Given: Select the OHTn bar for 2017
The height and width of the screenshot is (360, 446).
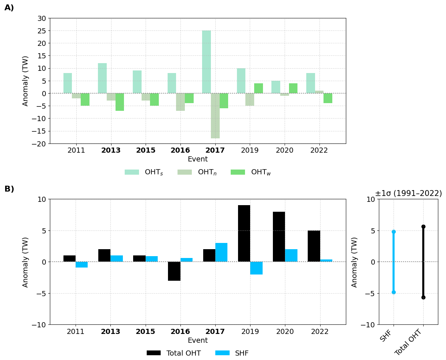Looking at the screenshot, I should point(215,116).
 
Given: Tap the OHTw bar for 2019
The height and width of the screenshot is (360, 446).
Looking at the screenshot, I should point(259,88).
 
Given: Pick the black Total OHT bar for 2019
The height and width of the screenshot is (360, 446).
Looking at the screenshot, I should point(244,233).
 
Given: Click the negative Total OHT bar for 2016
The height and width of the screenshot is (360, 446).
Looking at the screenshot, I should point(174,271).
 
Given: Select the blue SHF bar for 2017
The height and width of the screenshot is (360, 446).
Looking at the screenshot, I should point(221,252).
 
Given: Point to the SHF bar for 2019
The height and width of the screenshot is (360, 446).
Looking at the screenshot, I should point(256,268).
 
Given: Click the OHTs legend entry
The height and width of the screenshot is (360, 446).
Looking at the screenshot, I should point(144,172).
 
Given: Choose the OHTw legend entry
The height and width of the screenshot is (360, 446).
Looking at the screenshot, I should point(251,172).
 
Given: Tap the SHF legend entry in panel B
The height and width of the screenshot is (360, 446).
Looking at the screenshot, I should point(234,353).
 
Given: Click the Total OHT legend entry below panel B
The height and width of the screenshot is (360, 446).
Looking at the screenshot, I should point(174,353).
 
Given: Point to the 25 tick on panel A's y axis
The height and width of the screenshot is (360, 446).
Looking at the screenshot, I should point(41,31).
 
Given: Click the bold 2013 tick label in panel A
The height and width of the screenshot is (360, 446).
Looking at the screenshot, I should point(111,150).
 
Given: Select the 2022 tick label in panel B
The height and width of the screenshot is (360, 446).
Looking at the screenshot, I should point(320,332).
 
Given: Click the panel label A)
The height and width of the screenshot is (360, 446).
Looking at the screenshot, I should point(9,8).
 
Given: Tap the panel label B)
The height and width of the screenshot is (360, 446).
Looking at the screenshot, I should point(9,189).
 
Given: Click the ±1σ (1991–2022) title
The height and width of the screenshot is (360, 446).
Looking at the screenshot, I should point(408,193).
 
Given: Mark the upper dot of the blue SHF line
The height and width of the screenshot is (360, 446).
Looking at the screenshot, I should point(394,232).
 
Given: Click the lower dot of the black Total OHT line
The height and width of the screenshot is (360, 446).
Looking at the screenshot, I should point(423,297).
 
